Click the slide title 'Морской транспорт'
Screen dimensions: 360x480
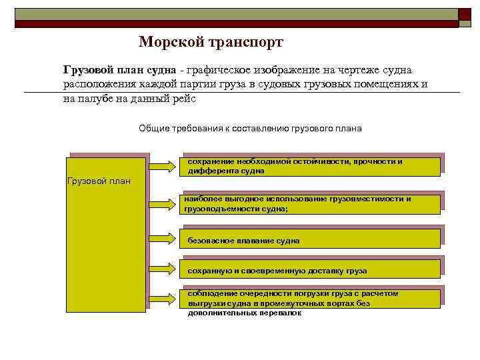[211, 42]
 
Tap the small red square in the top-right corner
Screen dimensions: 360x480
[465, 15]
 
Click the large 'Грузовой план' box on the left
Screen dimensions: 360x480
[106, 235]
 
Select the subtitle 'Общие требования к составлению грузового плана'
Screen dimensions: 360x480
[250, 128]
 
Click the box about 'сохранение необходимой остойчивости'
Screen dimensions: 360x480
[310, 166]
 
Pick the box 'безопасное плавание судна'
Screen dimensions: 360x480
[310, 239]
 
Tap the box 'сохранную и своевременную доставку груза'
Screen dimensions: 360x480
[310, 270]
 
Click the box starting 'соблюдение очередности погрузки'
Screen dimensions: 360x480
[310, 298]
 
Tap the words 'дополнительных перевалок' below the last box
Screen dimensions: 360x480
[245, 313]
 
